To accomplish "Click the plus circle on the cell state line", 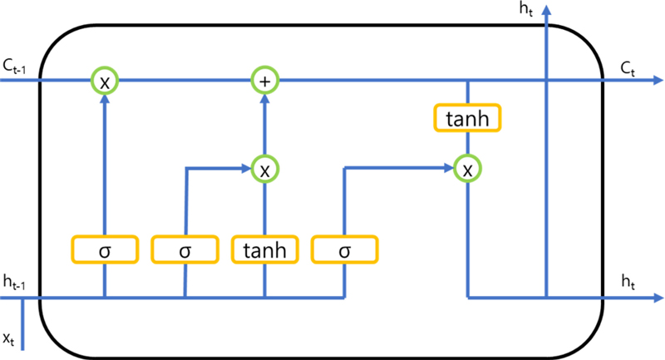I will point(264,81).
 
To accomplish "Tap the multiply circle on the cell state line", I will point(105,81).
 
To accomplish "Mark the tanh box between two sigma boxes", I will point(264,249).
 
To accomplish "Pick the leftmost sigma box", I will point(105,249).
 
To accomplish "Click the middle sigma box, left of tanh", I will point(185,249).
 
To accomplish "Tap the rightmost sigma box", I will point(344,249).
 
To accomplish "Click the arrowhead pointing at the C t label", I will point(658,81).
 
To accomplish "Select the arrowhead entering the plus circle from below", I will point(264,97).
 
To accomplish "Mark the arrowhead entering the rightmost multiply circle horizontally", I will point(450,169).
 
